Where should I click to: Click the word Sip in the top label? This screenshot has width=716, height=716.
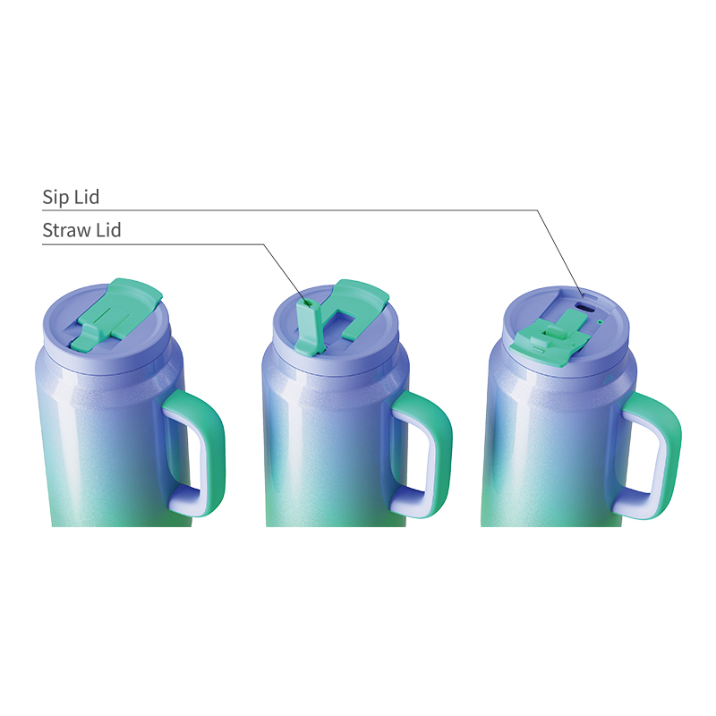(57, 197)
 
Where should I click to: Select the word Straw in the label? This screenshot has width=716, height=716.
(66, 231)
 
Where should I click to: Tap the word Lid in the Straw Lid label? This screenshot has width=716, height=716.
(107, 231)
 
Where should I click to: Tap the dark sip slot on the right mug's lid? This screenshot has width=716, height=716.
(585, 306)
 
